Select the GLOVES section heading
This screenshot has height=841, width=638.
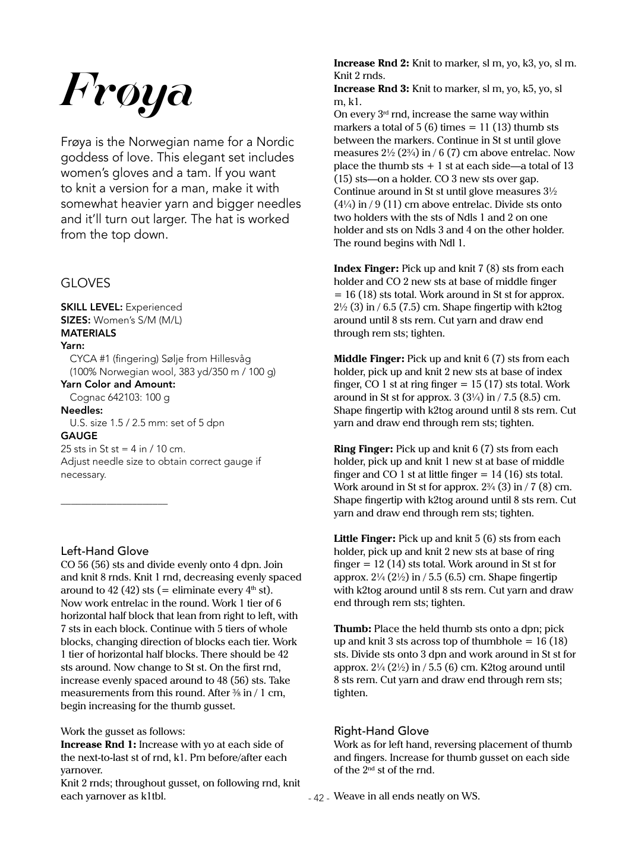tap(86, 283)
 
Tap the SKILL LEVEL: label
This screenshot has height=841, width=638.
tap(91, 307)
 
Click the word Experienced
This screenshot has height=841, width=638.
tap(154, 307)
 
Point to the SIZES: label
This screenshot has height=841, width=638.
tap(76, 320)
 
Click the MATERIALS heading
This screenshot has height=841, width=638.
tap(89, 333)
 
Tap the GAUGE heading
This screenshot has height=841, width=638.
tap(79, 436)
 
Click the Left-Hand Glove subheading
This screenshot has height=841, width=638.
tap(105, 551)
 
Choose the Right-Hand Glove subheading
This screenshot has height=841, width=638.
tap(381, 731)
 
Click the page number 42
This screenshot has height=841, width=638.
tap(318, 798)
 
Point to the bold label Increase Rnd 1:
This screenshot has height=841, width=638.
tap(98, 744)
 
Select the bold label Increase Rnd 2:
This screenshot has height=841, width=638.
tap(371, 63)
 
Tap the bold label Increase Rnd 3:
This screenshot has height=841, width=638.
tap(371, 88)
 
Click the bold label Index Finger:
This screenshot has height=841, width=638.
tap(366, 268)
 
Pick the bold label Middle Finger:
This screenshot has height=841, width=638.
tap(369, 358)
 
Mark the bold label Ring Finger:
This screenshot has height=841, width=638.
tap(363, 449)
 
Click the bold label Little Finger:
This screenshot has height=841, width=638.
tap(364, 538)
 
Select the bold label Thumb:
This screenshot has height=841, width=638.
tap(352, 629)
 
